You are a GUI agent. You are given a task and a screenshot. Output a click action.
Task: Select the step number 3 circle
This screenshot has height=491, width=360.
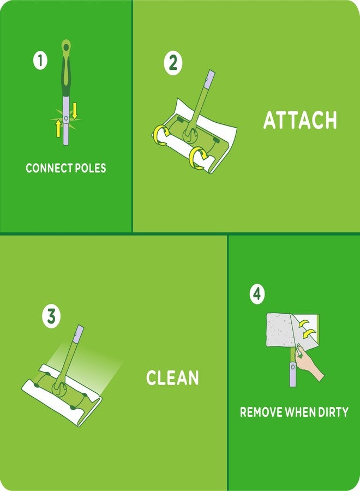click(x=51, y=316)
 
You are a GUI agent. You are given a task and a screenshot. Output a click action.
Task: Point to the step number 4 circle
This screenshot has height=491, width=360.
click(x=257, y=294)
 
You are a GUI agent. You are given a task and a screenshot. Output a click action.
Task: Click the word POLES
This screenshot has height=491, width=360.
click(x=90, y=168)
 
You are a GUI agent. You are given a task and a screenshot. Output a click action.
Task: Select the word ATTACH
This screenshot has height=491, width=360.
click(x=300, y=120)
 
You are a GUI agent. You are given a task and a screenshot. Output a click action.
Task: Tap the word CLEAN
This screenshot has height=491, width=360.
click(x=172, y=378)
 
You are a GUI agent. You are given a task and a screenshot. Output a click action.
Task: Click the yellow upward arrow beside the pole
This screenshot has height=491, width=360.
click(x=58, y=128)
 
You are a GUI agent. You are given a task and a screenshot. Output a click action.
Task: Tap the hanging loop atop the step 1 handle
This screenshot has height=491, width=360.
click(x=66, y=45)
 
